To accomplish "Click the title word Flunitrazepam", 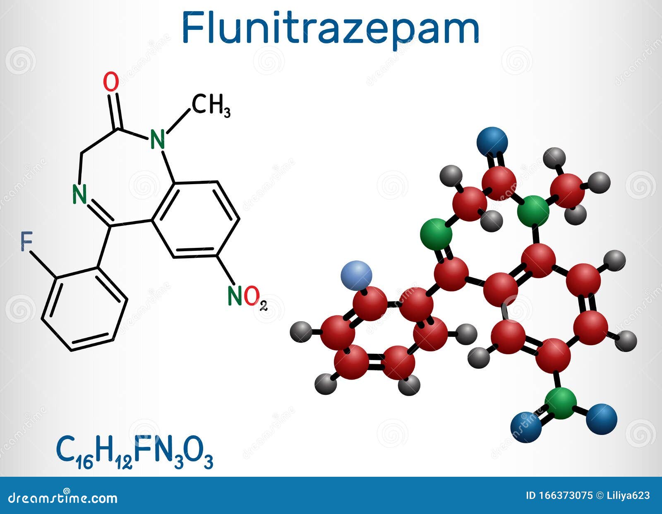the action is click(330, 28).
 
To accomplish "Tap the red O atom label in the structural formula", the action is click(111, 82).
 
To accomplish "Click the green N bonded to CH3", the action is click(158, 139).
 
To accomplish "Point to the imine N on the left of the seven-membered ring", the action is click(79, 194).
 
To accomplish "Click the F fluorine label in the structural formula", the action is click(27, 242).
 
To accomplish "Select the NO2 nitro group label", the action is click(247, 297).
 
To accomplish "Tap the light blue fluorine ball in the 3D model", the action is click(356, 275).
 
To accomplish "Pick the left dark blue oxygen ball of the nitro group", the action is click(526, 427).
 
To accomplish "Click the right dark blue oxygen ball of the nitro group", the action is click(602, 419).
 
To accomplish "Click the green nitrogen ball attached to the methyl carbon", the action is click(534, 211).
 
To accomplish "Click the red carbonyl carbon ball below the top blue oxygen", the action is click(499, 182).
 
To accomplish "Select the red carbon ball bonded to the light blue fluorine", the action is click(370, 303).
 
